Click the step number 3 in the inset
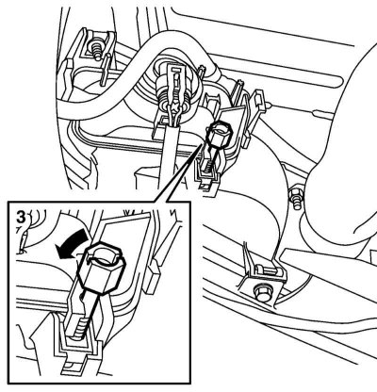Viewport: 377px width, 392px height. pyautogui.click(x=21, y=217)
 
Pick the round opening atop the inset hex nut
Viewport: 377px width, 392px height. pyautogui.click(x=105, y=254)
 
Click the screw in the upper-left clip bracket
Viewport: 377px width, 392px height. pyautogui.click(x=95, y=50)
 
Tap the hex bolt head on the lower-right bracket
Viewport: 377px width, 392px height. pyautogui.click(x=262, y=291)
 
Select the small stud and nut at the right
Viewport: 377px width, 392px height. pyautogui.click(x=295, y=198)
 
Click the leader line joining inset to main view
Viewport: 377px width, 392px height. pyautogui.click(x=185, y=172)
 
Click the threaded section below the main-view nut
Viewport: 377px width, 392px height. pyautogui.click(x=208, y=166)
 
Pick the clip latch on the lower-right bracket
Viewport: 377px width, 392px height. pyautogui.click(x=267, y=269)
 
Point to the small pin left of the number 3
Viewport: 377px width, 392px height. pyautogui.click(x=24, y=241)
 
